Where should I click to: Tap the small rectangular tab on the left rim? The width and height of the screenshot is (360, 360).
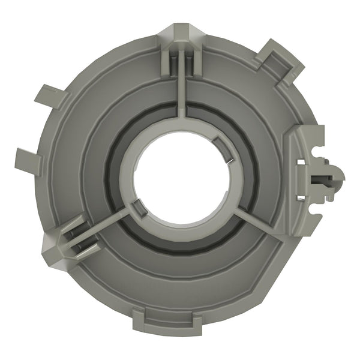(27, 157)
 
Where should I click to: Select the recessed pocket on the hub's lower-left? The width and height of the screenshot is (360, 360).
(137, 210)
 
